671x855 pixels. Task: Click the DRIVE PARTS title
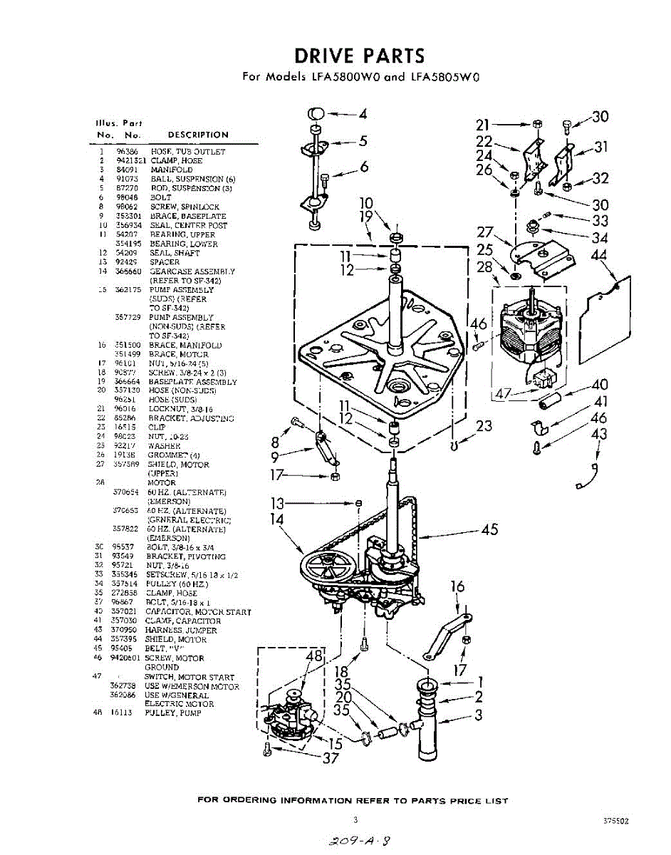360,56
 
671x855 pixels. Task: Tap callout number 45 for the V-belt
489,529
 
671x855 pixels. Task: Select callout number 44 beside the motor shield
600,255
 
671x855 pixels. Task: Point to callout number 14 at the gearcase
277,520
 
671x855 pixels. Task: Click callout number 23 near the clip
484,426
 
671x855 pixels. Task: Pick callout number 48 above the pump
314,655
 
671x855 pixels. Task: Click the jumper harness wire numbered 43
588,476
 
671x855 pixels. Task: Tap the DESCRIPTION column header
198,135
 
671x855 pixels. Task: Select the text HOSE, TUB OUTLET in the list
187,152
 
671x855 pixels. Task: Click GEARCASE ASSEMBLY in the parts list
192,271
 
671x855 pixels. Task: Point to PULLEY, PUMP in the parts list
173,713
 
